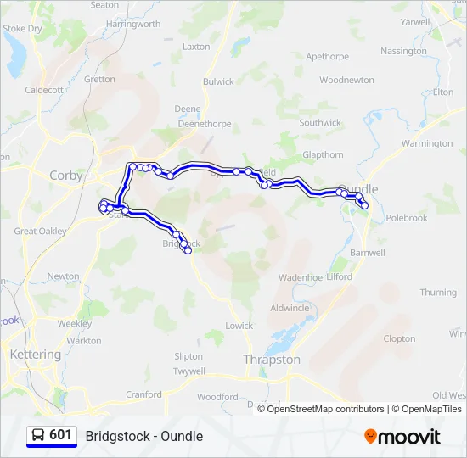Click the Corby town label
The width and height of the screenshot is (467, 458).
click(x=66, y=176)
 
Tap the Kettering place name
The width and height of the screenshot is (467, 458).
click(x=35, y=355)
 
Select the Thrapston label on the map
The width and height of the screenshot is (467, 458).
click(x=272, y=360)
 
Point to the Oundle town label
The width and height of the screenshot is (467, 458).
click(x=358, y=188)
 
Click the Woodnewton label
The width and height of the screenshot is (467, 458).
click(x=346, y=81)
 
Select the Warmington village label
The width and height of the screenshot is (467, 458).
click(x=427, y=144)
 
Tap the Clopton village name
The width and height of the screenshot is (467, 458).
click(x=399, y=338)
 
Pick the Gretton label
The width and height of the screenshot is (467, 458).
click(x=99, y=80)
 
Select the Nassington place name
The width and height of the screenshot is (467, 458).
click(x=403, y=51)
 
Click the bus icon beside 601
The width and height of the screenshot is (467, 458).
click(x=38, y=436)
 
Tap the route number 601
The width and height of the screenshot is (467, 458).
click(x=60, y=435)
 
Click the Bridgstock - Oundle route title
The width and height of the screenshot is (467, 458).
click(x=143, y=436)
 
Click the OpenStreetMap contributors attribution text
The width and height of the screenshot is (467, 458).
click(x=326, y=409)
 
